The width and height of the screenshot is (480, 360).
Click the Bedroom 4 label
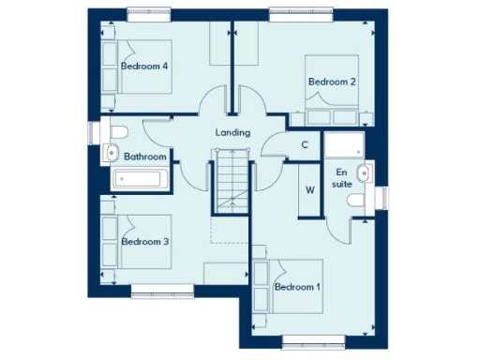(144, 67)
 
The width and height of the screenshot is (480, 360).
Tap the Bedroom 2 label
(332, 82)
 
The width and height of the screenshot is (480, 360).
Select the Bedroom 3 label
(144, 242)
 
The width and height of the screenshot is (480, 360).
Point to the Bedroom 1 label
(297, 286)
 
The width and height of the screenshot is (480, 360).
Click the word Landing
(232, 133)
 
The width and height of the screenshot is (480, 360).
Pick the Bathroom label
(145, 157)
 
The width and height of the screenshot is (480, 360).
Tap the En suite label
(342, 178)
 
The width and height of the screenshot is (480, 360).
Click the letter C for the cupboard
(306, 144)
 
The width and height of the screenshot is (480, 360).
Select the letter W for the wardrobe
(309, 190)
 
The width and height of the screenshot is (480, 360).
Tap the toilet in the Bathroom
(119, 132)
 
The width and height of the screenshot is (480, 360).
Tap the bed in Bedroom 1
(289, 287)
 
